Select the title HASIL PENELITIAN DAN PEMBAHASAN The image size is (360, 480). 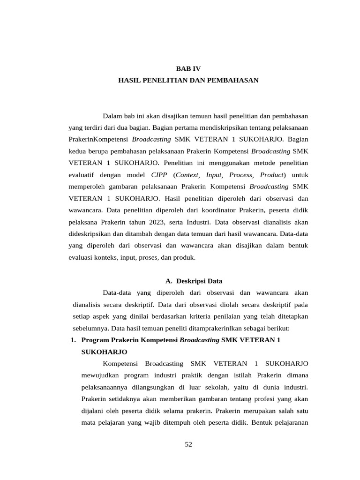click(x=188, y=81)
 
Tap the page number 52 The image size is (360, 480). click(x=188, y=444)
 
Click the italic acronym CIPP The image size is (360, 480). click(x=159, y=175)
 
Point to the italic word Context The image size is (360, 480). click(x=187, y=175)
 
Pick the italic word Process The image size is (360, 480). click(x=240, y=175)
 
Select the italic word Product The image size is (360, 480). click(x=272, y=175)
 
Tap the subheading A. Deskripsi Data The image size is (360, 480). click(x=194, y=281)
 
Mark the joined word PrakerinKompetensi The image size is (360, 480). click(x=98, y=139)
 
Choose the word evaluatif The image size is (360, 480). click(x=85, y=175)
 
